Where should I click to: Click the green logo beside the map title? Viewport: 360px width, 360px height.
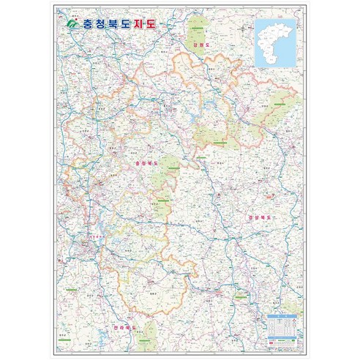click(x=72, y=24)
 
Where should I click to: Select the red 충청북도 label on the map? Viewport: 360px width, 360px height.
click(x=146, y=162)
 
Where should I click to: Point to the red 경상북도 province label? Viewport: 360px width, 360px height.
click(x=259, y=217)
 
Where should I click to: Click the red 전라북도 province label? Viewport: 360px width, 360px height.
click(x=126, y=327)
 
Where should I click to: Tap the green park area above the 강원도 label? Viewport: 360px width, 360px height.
click(x=198, y=29)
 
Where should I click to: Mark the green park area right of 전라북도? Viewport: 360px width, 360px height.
click(x=151, y=329)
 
